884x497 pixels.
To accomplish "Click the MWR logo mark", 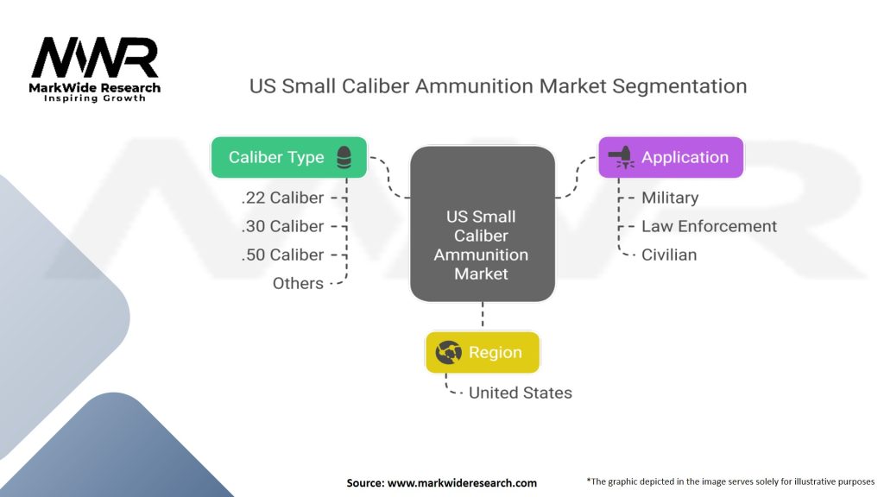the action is [95, 58].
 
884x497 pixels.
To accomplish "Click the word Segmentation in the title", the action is [679, 86].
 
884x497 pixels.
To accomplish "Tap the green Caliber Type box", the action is [288, 157].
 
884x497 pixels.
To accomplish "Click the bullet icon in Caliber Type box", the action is [344, 157].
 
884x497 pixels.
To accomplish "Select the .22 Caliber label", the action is [282, 198].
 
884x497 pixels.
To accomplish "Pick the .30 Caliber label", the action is [282, 227].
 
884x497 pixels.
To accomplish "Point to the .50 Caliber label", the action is [282, 255].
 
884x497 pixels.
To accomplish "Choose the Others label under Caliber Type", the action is [298, 283].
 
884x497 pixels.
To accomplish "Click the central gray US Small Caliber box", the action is [482, 223].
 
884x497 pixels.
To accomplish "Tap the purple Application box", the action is [671, 157].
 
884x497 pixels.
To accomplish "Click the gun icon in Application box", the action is [622, 157].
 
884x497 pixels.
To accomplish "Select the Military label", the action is [670, 198].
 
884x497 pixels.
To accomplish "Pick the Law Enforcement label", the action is [710, 227].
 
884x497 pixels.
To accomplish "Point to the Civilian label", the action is [669, 255].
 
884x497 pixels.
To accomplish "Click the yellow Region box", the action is [483, 352].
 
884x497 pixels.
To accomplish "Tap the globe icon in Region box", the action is [449, 352].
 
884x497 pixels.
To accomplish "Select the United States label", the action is [521, 393].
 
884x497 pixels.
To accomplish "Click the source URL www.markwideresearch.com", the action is [463, 483].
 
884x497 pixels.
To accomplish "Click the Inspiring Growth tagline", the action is [95, 98].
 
